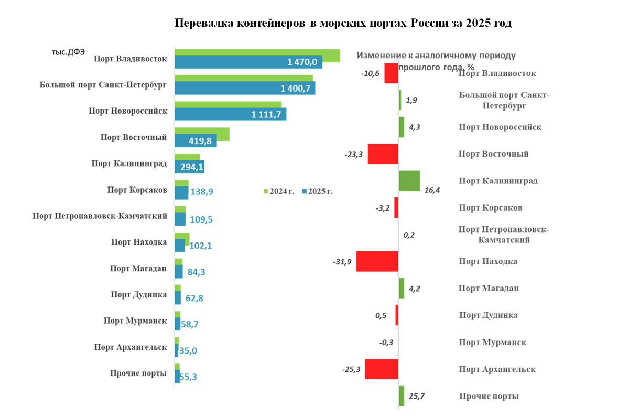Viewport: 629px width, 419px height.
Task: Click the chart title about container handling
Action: [343, 24]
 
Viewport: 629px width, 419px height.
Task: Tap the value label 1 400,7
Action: [296, 88]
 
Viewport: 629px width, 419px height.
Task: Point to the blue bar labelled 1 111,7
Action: [230, 114]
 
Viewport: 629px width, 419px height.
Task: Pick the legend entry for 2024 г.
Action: [279, 191]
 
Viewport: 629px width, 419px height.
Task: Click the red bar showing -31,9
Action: [377, 261]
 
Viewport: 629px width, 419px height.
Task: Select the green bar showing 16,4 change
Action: [409, 181]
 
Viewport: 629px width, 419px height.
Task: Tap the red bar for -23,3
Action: [383, 154]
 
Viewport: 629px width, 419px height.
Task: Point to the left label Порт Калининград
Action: [129, 163]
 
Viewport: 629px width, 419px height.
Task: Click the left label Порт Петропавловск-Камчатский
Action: [100, 216]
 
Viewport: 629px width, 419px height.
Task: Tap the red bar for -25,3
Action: [381, 369]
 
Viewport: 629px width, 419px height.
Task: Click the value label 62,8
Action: [194, 299]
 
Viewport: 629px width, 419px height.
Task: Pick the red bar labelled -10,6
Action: [391, 73]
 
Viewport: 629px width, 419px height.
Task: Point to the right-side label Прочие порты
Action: [489, 396]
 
